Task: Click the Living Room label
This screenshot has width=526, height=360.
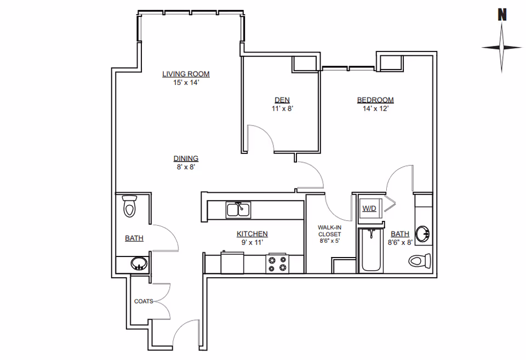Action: pos(186,74)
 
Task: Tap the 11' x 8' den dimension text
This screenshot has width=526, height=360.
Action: pos(283,108)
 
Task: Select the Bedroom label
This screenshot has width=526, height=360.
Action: pos(375,100)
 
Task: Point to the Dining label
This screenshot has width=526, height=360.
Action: pos(186,158)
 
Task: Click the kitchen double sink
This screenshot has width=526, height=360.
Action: pos(238,210)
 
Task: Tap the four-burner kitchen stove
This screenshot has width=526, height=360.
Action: pos(277,264)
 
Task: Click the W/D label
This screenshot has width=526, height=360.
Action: pos(369,208)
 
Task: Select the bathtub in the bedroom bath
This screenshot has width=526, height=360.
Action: pos(371,250)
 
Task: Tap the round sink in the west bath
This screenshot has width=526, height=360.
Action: pos(139,264)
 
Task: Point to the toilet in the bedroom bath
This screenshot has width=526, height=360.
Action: pos(420,261)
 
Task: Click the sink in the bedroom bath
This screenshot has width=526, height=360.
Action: pos(422,233)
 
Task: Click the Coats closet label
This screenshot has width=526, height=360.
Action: pos(144,301)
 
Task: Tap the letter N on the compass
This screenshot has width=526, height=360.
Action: pos(502,15)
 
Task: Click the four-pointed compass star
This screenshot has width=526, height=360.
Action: pos(502,48)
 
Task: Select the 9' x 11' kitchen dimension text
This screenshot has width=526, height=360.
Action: pos(252,242)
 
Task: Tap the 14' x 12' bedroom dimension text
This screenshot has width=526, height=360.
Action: pos(375,108)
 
